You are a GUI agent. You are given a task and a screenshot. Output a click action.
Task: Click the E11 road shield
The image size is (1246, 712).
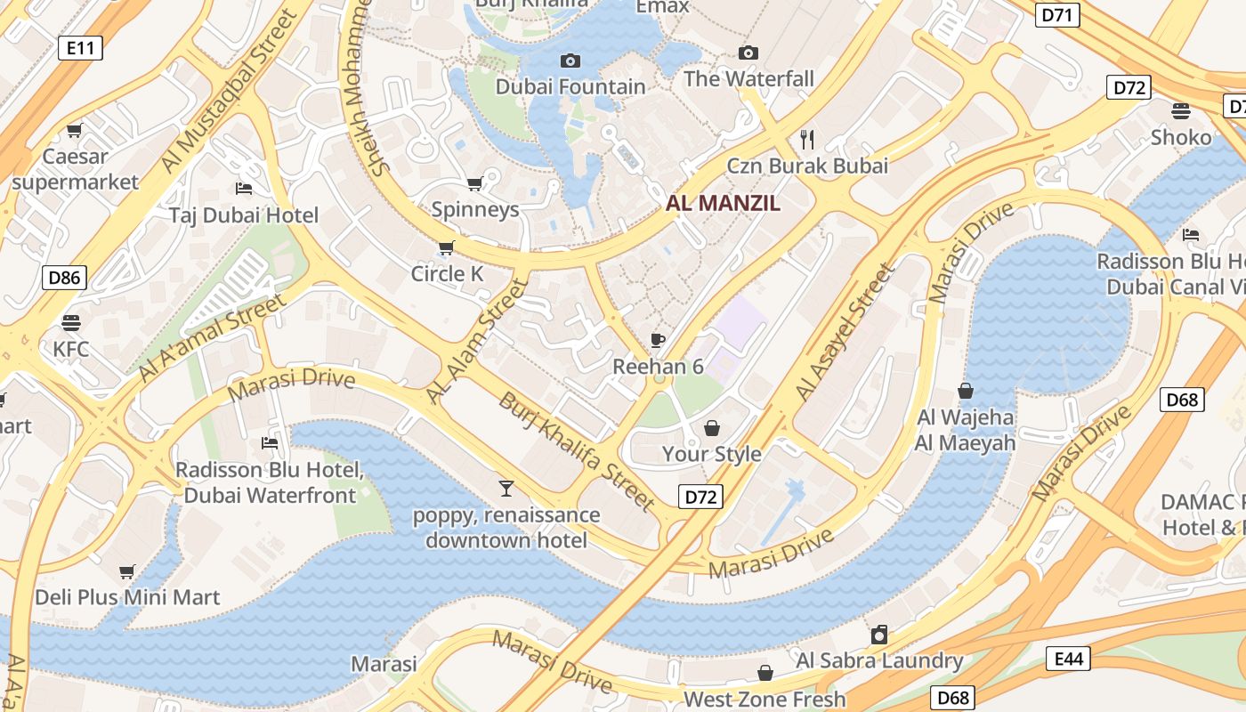tap(80, 48)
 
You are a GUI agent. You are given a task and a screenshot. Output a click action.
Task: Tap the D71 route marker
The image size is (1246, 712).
tap(1057, 14)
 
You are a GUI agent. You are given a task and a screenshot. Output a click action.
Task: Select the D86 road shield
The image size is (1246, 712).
tap(63, 278)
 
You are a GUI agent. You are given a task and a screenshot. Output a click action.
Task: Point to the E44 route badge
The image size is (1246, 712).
tap(1068, 659)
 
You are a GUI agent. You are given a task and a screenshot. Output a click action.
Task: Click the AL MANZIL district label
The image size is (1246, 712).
tap(723, 203)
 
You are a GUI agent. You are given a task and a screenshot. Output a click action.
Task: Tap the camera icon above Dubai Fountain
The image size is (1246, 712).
tap(570, 61)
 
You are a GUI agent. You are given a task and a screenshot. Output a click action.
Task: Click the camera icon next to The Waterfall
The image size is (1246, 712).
tap(748, 53)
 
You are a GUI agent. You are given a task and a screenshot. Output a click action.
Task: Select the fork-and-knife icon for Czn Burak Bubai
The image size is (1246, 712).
tap(807, 139)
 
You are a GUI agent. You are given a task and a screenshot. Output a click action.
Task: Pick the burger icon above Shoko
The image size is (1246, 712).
tap(1181, 111)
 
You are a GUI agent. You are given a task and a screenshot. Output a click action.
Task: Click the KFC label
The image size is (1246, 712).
tap(71, 349)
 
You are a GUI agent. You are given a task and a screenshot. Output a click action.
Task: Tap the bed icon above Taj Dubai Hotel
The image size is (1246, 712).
tap(244, 188)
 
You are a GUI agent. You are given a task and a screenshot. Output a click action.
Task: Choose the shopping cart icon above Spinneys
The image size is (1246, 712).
tap(474, 183)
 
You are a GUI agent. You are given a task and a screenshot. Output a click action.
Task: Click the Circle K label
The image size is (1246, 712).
tap(447, 274)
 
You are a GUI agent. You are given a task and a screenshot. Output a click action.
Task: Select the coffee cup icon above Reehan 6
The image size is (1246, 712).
tap(658, 340)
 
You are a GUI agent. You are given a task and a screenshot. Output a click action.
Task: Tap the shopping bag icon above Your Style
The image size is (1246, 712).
tap(711, 428)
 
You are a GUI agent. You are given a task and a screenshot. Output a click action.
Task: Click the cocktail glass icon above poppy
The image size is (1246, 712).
tap(506, 488)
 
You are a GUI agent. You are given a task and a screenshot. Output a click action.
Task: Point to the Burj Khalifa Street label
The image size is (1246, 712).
tap(576, 451)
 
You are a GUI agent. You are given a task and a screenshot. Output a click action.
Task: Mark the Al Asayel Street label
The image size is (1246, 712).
tap(844, 332)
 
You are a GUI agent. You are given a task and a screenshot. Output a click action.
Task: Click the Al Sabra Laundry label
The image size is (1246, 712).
tap(879, 660)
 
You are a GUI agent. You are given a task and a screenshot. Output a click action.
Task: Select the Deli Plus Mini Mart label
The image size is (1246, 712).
tap(127, 596)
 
